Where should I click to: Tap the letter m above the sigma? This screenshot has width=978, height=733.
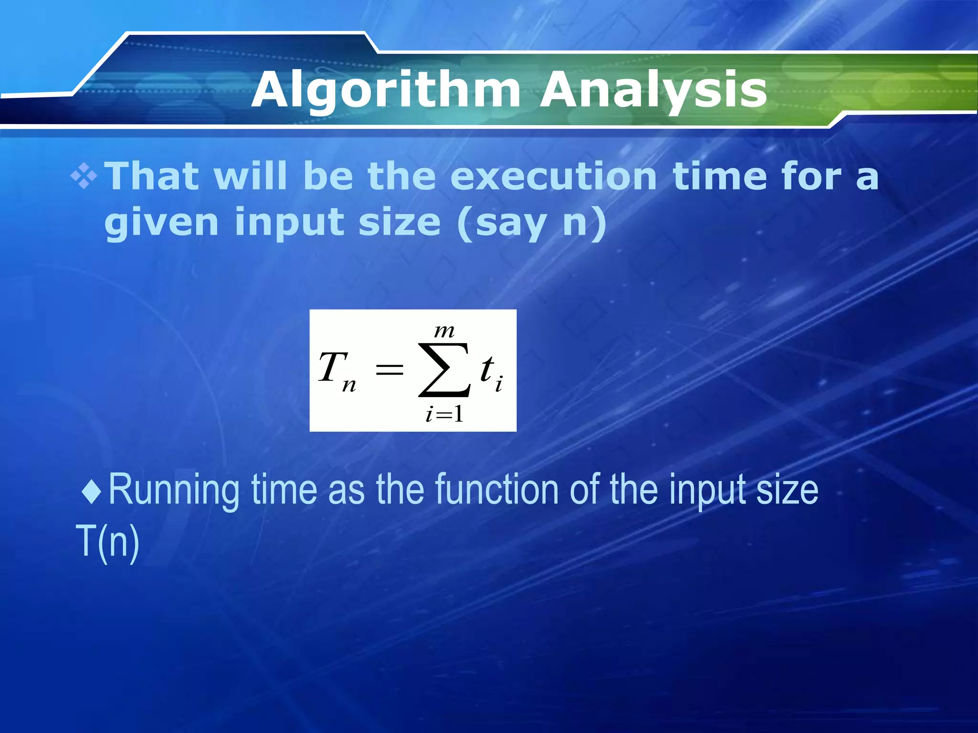[x=444, y=331]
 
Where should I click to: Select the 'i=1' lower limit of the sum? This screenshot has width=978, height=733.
[x=445, y=413]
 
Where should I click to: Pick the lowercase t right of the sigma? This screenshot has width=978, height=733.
[x=487, y=368]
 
